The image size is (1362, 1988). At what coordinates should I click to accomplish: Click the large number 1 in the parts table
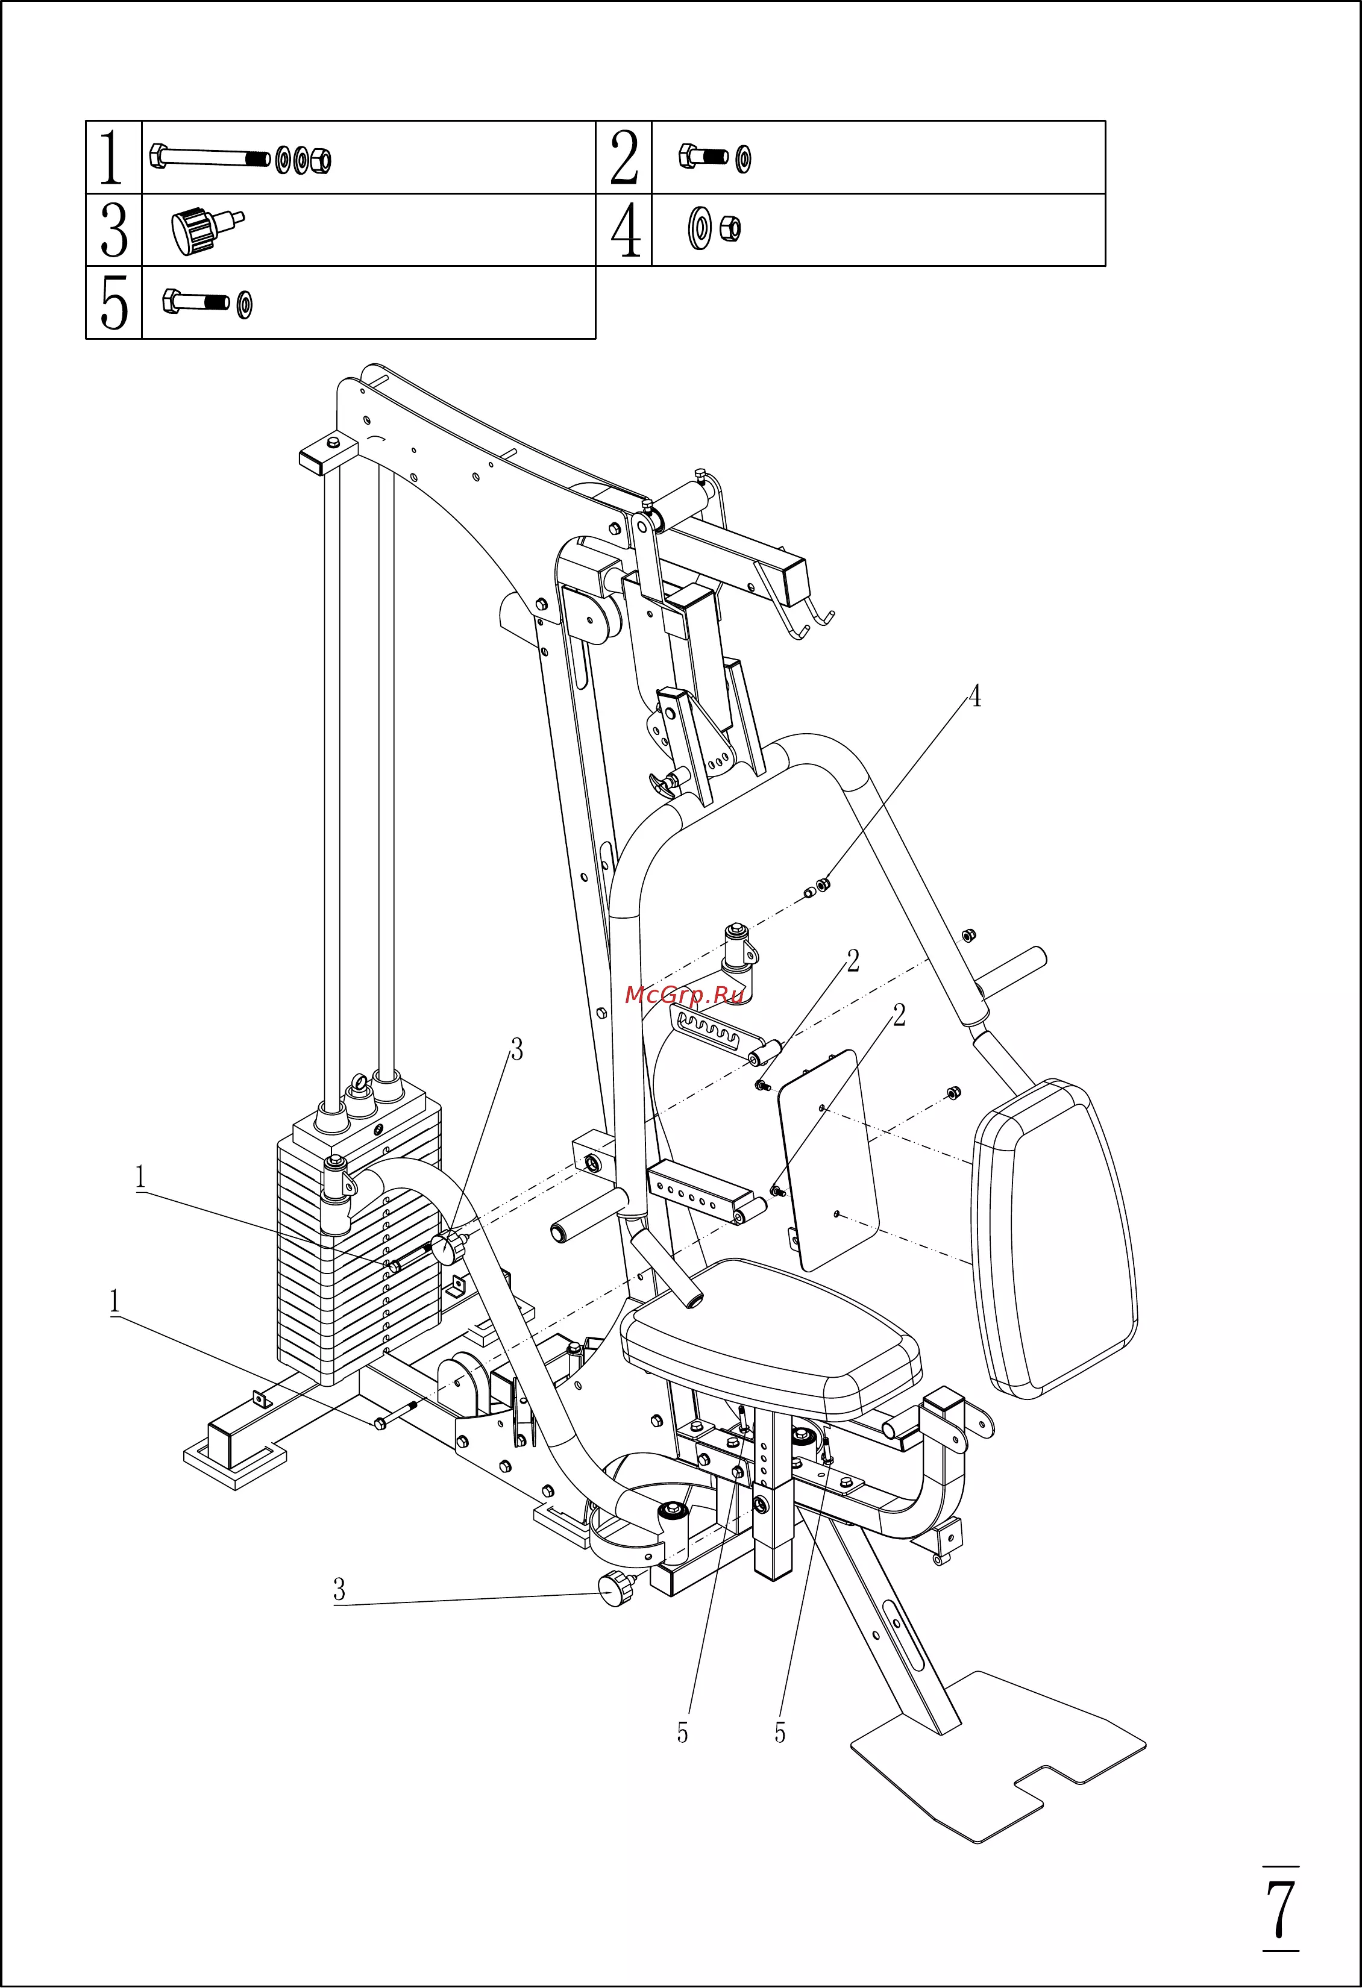pos(111,157)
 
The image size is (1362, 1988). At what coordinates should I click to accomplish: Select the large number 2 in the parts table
pos(624,157)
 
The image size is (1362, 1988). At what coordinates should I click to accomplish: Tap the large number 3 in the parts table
pos(114,230)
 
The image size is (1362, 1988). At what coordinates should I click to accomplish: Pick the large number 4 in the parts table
pos(626,230)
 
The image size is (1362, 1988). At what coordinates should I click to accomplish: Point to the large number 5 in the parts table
pos(114,302)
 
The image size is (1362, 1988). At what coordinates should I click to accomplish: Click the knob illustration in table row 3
pos(206,230)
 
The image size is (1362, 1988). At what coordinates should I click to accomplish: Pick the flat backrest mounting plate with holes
pos(828,1160)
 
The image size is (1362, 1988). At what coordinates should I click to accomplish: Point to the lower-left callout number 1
pos(115,1303)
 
